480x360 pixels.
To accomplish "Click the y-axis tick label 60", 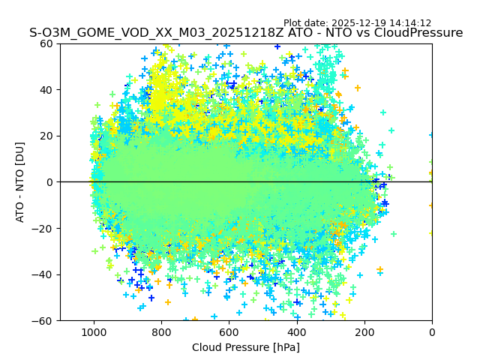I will point(46,43).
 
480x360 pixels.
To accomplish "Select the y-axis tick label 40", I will point(46,90).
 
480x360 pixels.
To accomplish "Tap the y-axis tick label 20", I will point(46,136).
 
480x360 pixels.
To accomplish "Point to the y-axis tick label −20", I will point(43,228).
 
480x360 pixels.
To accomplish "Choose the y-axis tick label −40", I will point(43,274).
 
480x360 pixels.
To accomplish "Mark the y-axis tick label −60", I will point(43,320).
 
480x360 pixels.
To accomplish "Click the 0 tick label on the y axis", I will point(49,182).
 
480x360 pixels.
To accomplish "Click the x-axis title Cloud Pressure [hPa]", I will point(246,347).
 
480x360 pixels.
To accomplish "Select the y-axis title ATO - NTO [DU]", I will point(20,182).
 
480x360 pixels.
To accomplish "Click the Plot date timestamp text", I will point(358,23).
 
